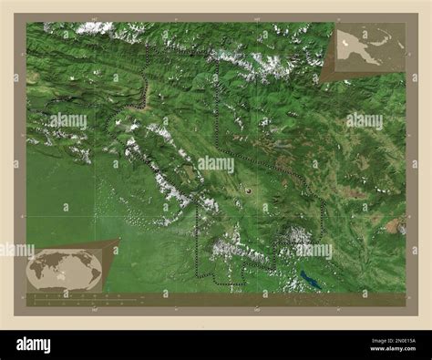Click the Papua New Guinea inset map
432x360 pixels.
point(370,46)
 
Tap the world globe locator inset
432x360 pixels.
point(64,268)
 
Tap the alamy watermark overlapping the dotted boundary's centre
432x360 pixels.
point(216,164)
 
